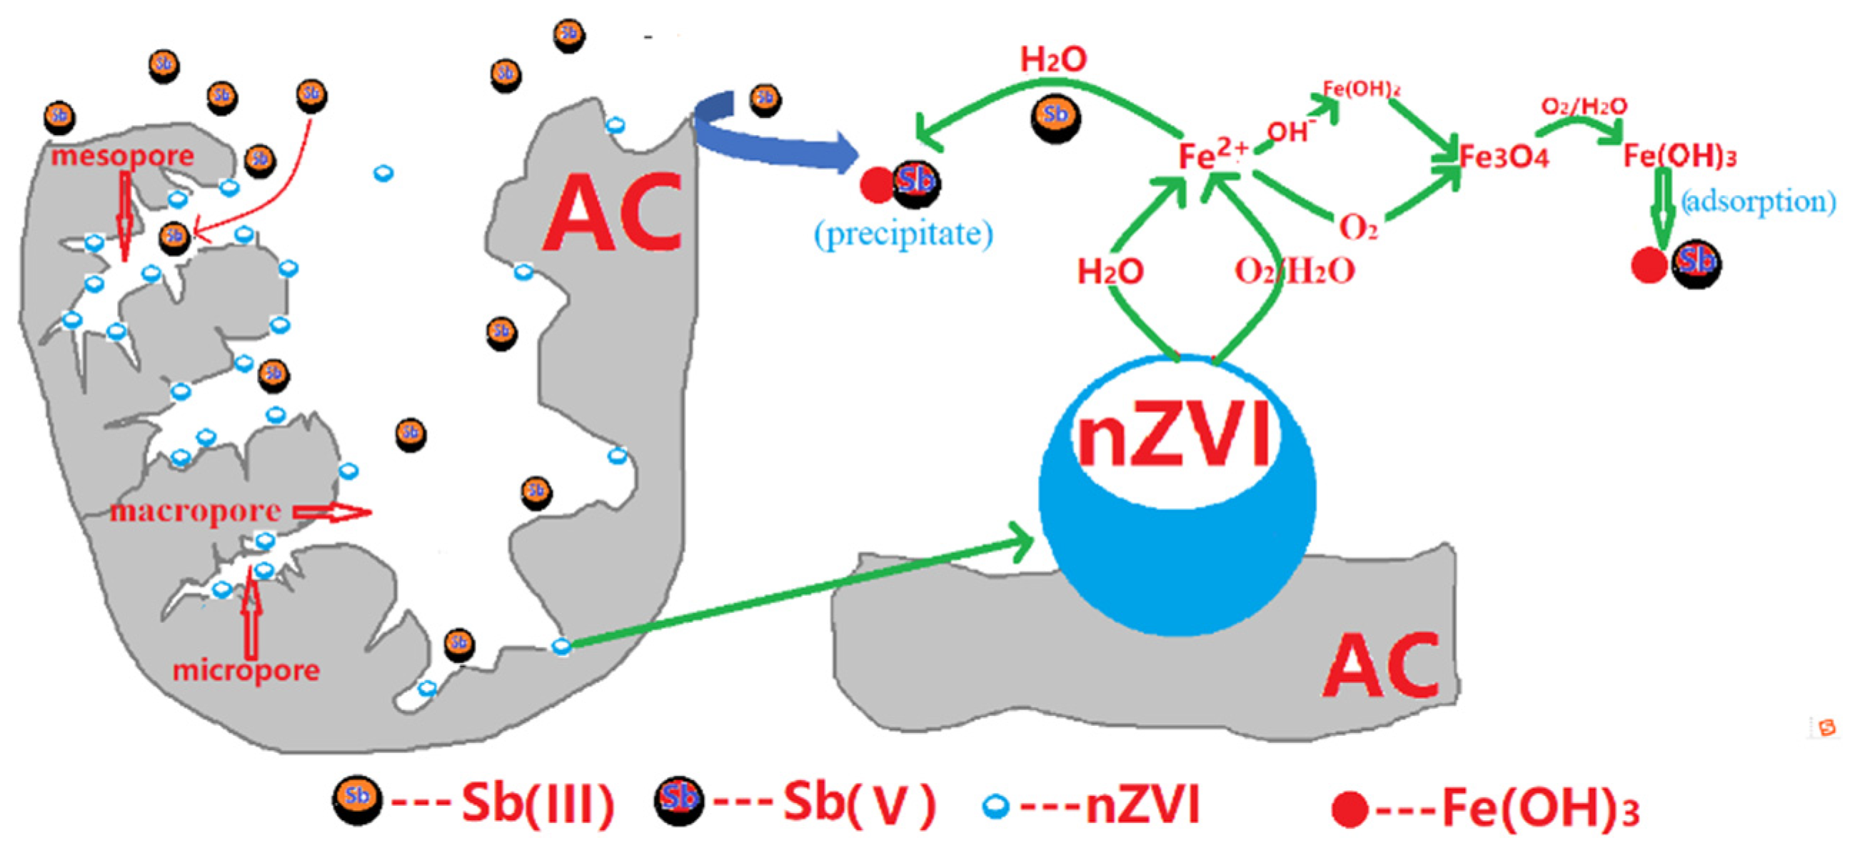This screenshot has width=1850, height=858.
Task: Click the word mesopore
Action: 122,155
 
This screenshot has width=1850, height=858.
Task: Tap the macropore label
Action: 196,511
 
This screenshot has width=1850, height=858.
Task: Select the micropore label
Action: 246,669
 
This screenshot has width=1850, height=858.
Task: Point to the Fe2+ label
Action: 1213,154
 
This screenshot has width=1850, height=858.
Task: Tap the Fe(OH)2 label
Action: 1361,89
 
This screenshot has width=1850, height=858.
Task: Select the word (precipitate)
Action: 903,234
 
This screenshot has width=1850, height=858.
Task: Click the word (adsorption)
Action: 1758,201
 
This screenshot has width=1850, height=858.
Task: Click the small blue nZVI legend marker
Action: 995,807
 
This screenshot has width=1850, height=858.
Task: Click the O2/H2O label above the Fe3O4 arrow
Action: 1584,106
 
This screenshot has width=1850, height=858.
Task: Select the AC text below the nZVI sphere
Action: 1380,666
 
